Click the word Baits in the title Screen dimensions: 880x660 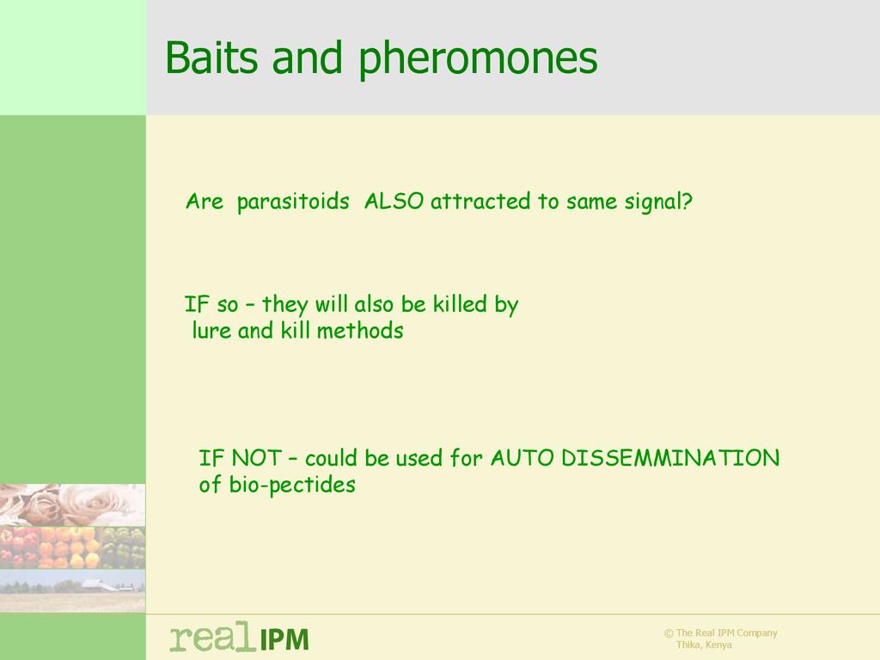tap(211, 57)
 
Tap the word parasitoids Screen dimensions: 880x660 tap(293, 202)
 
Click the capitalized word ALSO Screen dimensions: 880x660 tap(394, 201)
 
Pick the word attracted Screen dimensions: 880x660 tap(480, 201)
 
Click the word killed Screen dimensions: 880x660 tap(460, 303)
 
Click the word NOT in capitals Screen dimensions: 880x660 tap(256, 458)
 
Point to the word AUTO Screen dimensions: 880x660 tap(522, 458)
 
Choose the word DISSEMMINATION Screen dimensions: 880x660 tap(670, 458)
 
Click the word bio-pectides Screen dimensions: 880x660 tap(292, 485)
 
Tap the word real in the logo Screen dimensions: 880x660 tap(211, 637)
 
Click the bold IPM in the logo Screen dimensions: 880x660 tap(284, 639)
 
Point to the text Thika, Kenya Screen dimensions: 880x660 tap(704, 645)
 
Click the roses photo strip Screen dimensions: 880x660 tap(72, 505)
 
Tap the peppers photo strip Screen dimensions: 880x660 tap(72, 547)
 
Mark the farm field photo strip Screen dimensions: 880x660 tap(72, 590)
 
